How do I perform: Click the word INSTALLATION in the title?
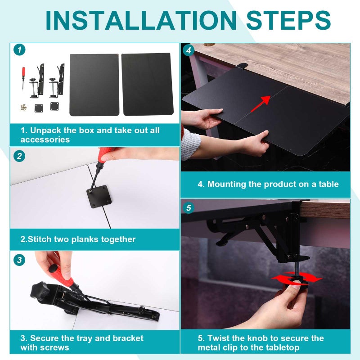[x=141, y=20]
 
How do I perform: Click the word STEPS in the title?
[x=288, y=20]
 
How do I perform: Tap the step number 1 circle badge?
[x=19, y=50]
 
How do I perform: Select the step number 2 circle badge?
[x=19, y=156]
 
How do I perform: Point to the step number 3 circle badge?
[x=19, y=260]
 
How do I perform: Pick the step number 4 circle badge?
[x=189, y=50]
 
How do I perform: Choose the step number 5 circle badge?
[x=189, y=208]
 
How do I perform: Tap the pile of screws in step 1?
[x=23, y=107]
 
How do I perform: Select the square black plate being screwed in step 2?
[x=99, y=197]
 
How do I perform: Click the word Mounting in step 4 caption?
[x=227, y=184]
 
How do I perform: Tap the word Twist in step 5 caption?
[x=219, y=338]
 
